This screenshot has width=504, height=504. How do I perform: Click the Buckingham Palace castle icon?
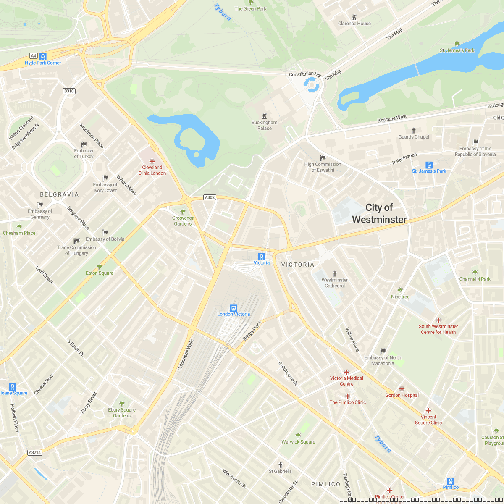click(x=264, y=116)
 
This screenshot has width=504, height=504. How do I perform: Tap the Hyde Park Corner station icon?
click(x=43, y=57)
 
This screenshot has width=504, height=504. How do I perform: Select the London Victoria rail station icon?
click(x=234, y=308)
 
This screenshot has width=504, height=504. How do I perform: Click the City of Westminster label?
click(x=379, y=213)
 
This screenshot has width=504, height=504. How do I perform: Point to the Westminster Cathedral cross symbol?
click(x=335, y=274)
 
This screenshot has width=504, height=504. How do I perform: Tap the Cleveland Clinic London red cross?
click(x=152, y=161)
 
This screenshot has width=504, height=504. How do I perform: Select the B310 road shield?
click(x=69, y=91)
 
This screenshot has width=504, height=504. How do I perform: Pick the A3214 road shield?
click(x=35, y=452)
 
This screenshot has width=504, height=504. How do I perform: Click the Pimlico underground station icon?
click(x=451, y=481)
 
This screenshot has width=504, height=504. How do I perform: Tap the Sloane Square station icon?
click(x=13, y=387)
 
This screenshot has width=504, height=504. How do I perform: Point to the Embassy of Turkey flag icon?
click(x=84, y=144)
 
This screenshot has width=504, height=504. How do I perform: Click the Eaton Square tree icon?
click(x=100, y=267)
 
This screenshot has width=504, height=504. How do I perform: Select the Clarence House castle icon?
click(x=354, y=17)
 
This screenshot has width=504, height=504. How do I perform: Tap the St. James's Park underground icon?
click(x=429, y=165)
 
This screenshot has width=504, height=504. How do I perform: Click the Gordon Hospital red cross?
click(x=402, y=389)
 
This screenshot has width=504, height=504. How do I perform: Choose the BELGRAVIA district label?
click(x=59, y=194)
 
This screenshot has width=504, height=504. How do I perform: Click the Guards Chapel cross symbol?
click(x=414, y=131)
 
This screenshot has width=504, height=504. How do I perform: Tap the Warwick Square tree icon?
click(x=298, y=436)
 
